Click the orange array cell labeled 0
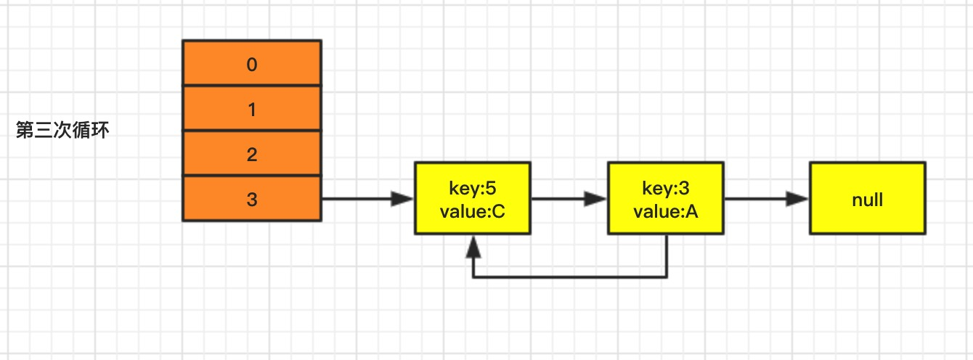click(x=252, y=63)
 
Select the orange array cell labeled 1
click(x=252, y=108)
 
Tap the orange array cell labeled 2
click(x=252, y=153)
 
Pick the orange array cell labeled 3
click(x=252, y=198)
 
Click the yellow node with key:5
click(x=473, y=198)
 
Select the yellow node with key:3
click(x=665, y=198)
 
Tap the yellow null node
click(x=868, y=198)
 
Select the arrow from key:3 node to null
click(x=766, y=199)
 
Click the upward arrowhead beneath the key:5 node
click(x=473, y=247)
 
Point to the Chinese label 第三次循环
click(x=62, y=130)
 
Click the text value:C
click(x=472, y=211)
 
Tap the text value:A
click(x=665, y=211)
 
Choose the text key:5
click(x=473, y=188)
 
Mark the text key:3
click(x=665, y=188)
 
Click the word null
click(x=868, y=200)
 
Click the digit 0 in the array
click(x=252, y=65)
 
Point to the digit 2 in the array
click(x=252, y=155)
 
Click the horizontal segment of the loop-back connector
click(x=570, y=277)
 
